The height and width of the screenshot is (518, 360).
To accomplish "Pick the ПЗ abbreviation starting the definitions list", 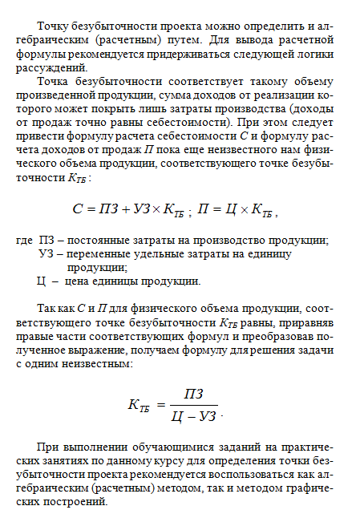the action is tap(48, 241).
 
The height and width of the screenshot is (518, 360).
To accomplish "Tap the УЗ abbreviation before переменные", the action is tap(48, 254).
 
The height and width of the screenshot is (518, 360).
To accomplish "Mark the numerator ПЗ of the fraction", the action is tap(194, 393).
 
